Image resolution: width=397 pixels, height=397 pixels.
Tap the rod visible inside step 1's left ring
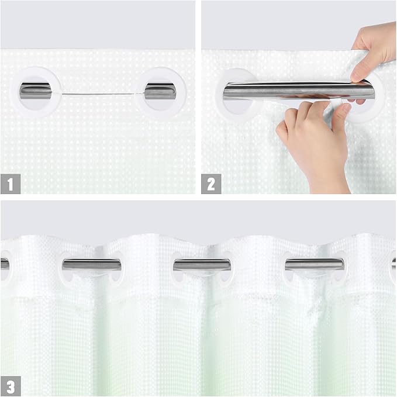coord(36,91)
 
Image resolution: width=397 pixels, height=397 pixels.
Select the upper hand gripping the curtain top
coord(374,50)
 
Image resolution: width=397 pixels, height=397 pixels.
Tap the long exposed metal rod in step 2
coord(292,91)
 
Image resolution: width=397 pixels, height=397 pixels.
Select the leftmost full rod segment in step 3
coord(91,264)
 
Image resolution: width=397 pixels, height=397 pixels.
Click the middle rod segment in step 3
coord(202,264)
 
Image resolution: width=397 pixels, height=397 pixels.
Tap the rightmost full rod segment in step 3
coord(314,264)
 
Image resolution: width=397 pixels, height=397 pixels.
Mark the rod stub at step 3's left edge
coord(4,264)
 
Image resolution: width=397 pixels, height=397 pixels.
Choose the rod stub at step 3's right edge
coord(393,263)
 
